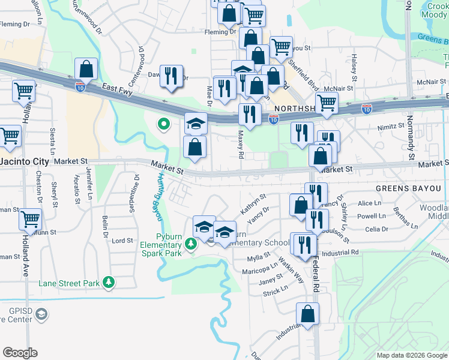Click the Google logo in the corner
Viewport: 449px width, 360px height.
coord(20,353)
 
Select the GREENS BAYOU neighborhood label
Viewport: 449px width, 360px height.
coord(412,188)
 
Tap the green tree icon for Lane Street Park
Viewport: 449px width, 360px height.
coord(109,281)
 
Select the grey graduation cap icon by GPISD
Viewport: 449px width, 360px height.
coord(41,314)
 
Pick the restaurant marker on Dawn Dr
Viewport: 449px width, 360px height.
coord(172,76)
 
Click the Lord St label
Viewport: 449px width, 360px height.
coord(122,241)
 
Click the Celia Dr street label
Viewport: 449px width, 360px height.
coord(377,229)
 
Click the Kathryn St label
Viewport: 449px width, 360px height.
coord(253,204)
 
